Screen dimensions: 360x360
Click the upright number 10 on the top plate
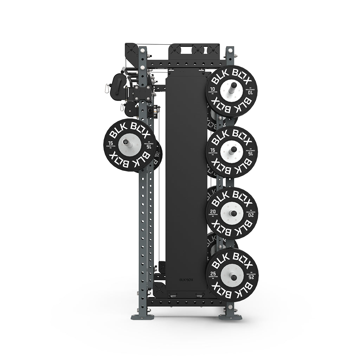point(212,89)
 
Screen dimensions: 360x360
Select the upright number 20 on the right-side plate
point(213,211)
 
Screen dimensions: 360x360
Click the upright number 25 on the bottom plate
point(213,273)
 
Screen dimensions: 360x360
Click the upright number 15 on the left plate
point(111,143)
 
